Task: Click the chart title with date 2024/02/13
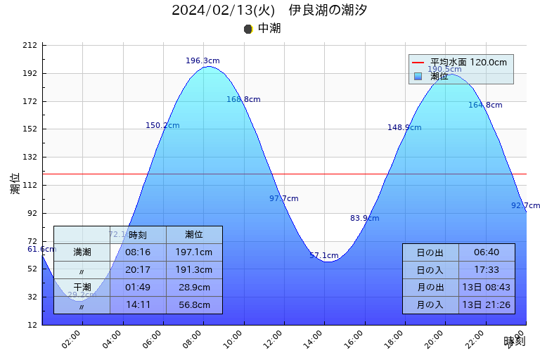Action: (269, 10)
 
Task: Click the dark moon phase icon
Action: (248, 29)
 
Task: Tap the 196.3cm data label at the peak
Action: (202, 61)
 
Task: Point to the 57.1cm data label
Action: (323, 256)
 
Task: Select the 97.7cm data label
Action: (283, 199)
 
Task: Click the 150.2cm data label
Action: (162, 126)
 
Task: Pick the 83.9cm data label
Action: (364, 219)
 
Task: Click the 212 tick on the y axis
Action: (30, 46)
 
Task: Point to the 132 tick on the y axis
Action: (30, 157)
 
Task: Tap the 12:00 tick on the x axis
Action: (283, 335)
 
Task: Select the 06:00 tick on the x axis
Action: (162, 335)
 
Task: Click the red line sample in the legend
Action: (418, 63)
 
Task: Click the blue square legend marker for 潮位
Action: (418, 76)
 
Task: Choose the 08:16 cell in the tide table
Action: (138, 252)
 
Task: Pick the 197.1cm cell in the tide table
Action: (194, 252)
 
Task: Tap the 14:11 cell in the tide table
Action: (138, 305)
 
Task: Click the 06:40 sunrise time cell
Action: (487, 252)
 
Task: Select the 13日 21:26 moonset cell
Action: (487, 305)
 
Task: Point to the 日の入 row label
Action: (430, 270)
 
